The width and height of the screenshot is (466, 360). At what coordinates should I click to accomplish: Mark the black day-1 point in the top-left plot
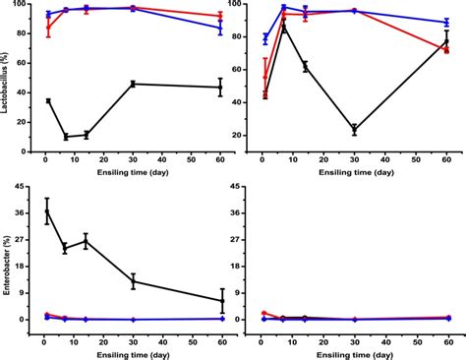[x=47, y=101]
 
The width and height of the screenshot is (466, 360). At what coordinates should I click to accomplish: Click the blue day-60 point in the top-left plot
[x=220, y=28]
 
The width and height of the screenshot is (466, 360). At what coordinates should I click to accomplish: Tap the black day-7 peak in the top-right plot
[x=284, y=27]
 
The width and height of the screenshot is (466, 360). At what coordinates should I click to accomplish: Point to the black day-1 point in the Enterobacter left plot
[x=47, y=210]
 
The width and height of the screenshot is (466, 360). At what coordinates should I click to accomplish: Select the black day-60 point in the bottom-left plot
[x=221, y=301]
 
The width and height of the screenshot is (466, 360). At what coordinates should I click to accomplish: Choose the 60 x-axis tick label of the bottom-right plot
[x=446, y=334]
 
